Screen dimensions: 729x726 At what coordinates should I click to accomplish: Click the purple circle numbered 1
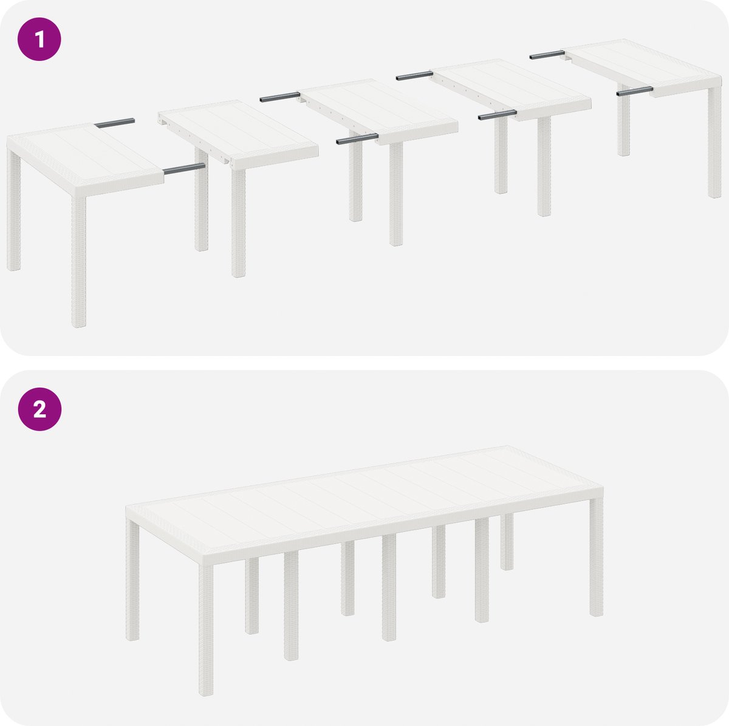[x=39, y=39]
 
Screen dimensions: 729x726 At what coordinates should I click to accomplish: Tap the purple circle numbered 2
[x=39, y=409]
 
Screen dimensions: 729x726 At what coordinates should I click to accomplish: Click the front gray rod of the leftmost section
[x=184, y=169]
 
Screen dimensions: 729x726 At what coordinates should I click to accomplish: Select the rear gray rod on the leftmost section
[x=115, y=123]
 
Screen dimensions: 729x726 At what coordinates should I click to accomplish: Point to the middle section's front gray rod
[x=357, y=139]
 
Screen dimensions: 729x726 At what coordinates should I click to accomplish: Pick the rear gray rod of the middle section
[x=280, y=97]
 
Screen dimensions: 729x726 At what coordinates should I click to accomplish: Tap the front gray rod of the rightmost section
[x=635, y=91]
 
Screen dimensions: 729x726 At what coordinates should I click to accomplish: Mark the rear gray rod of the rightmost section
[x=547, y=55]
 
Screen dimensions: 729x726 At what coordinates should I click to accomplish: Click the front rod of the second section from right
[x=498, y=115]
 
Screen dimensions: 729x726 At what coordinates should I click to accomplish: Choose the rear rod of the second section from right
[x=415, y=76]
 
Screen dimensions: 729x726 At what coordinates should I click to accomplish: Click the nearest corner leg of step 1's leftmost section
[x=79, y=261]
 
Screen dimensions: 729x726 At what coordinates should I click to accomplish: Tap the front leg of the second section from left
[x=238, y=223]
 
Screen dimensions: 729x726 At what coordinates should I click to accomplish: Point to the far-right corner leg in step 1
[x=714, y=142]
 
